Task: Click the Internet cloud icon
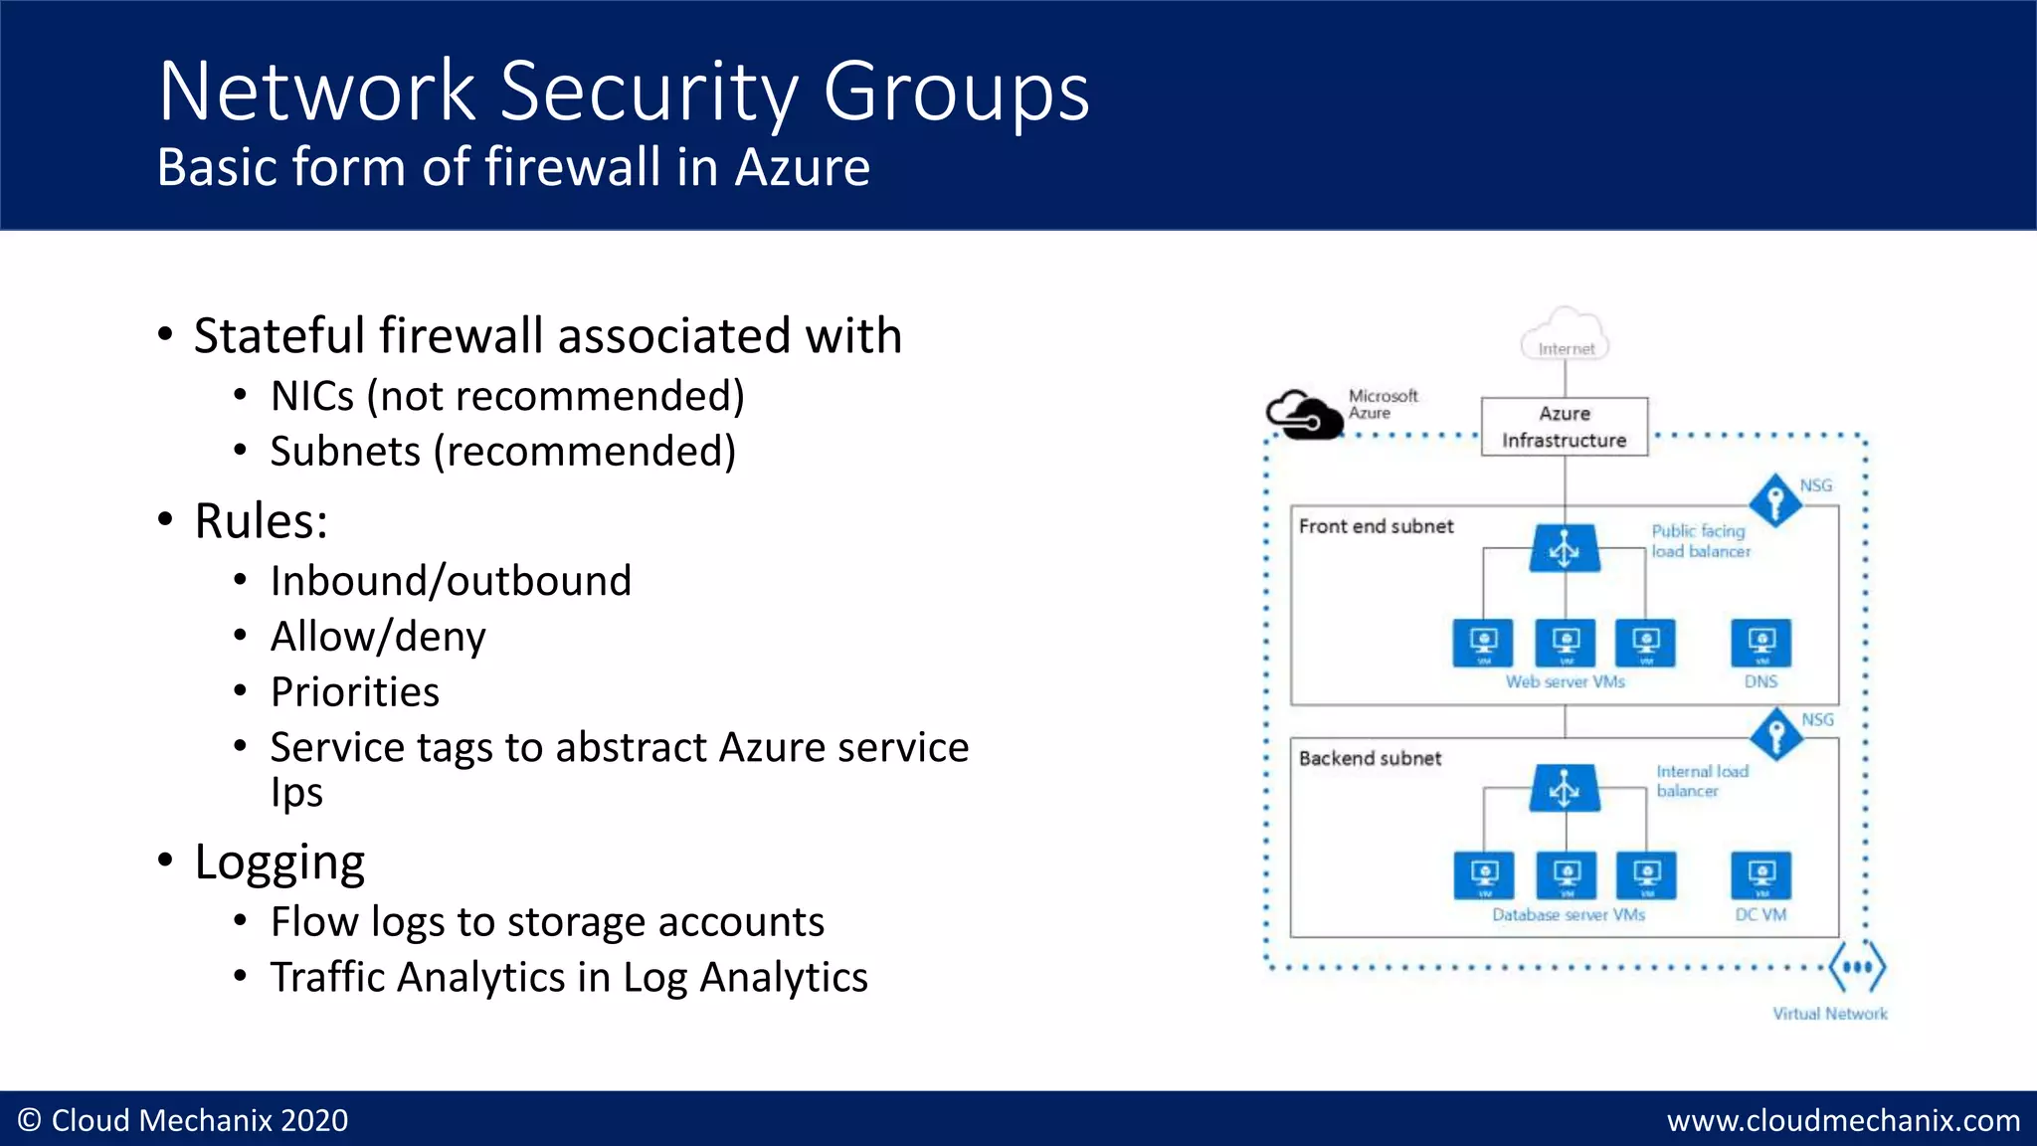point(1565,335)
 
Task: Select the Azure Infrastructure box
point(1565,427)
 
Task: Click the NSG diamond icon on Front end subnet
point(1775,500)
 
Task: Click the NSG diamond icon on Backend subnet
point(1775,734)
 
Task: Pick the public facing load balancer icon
point(1565,548)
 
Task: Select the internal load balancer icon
point(1565,789)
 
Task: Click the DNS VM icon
point(1760,644)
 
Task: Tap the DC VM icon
point(1760,875)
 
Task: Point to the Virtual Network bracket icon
point(1856,967)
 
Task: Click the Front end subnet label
point(1376,526)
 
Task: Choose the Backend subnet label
point(1370,758)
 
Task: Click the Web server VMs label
point(1565,682)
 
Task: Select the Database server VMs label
point(1568,915)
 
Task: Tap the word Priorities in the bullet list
point(355,692)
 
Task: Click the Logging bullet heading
point(279,862)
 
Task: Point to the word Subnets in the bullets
point(345,452)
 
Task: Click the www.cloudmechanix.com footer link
point(1843,1121)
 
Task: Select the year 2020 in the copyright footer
point(314,1121)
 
